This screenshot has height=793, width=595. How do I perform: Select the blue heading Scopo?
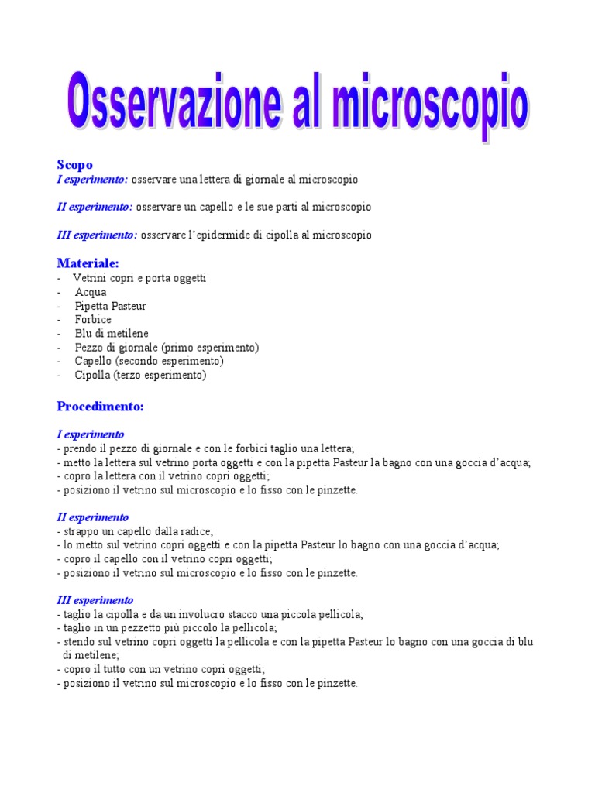(74, 164)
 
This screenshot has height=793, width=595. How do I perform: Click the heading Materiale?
(88, 263)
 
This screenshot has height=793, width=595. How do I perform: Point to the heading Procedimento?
(100, 406)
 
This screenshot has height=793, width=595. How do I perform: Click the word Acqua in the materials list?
(91, 292)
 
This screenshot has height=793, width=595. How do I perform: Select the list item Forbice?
(93, 319)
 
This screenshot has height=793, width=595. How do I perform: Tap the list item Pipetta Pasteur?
(110, 306)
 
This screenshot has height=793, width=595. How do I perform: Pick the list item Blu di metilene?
(112, 333)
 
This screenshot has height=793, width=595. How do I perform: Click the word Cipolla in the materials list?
(92, 375)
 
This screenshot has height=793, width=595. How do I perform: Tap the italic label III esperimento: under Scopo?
(98, 235)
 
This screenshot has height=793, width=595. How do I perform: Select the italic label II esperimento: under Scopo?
(95, 207)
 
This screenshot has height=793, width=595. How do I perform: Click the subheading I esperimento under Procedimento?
(91, 434)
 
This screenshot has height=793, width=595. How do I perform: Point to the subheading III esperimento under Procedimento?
(95, 600)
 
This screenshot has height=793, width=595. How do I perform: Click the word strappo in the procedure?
(78, 531)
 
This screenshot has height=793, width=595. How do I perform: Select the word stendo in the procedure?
(77, 642)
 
